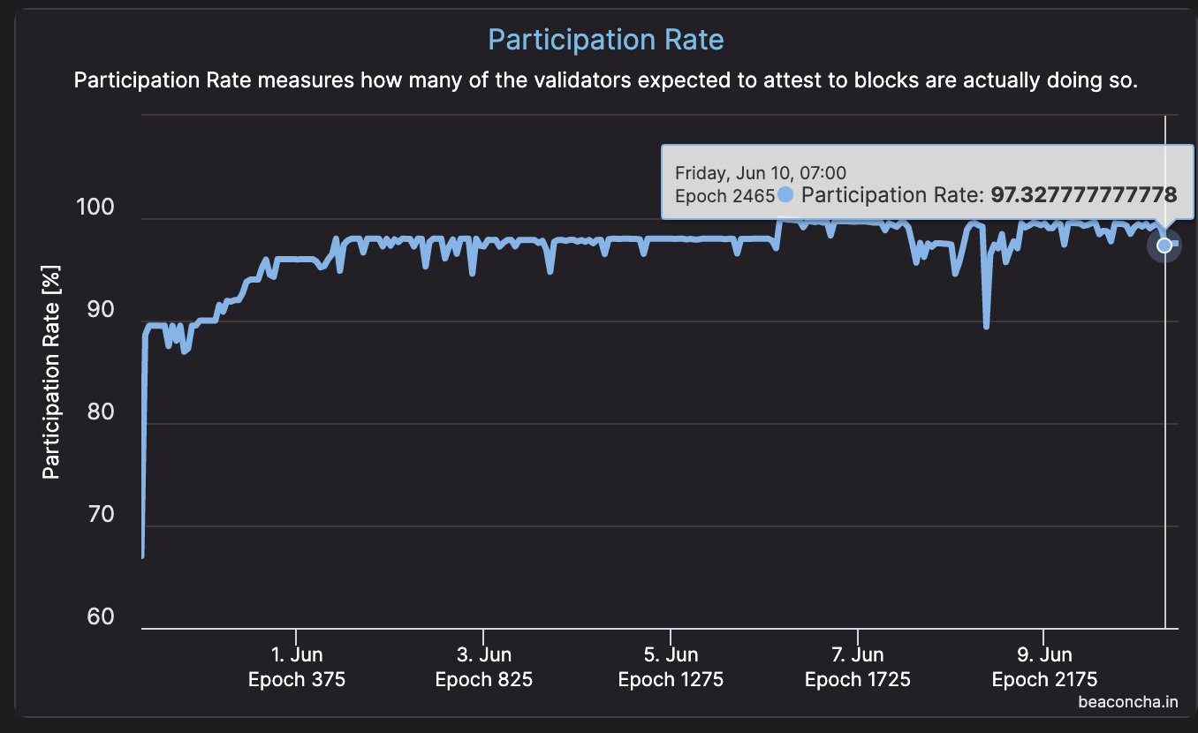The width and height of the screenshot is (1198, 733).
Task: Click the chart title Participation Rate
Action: click(605, 40)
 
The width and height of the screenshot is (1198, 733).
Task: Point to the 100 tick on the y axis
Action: click(96, 208)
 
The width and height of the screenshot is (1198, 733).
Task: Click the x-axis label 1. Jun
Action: click(297, 655)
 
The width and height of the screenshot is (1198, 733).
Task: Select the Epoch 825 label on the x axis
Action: click(483, 680)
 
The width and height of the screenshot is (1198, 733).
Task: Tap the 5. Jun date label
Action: click(671, 655)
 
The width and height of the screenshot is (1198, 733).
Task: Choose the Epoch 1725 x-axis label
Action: click(858, 680)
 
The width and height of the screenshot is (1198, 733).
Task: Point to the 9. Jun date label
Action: click(1044, 655)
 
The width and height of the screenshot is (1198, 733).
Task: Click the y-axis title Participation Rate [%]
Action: click(52, 376)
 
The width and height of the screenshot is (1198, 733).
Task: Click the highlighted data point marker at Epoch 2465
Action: click(1164, 245)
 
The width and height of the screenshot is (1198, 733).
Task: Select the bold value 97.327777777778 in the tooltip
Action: click(1084, 194)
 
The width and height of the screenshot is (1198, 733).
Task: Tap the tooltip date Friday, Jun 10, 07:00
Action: click(761, 172)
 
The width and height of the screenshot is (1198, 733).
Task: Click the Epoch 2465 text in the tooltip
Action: click(724, 195)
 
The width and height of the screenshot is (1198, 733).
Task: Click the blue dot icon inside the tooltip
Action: click(785, 194)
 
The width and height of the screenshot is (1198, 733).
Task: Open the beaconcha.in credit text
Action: click(1134, 703)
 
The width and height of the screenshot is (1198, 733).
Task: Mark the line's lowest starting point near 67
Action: click(142, 555)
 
